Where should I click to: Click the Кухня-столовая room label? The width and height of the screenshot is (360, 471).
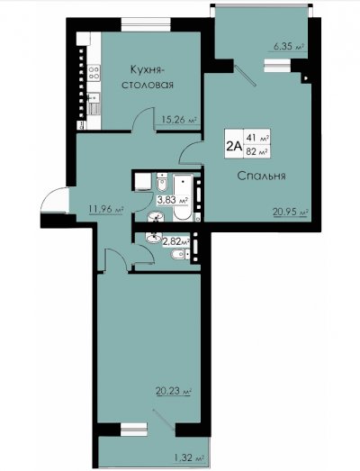148,77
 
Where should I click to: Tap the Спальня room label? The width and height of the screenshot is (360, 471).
261,176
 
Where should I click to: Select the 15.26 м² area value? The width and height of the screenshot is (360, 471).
179,120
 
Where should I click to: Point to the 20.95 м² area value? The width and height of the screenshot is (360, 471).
291,212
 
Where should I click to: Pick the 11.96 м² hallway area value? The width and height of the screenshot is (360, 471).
106,209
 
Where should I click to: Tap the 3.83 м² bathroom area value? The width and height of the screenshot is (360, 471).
173,200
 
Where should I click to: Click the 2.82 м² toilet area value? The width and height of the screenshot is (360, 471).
176,240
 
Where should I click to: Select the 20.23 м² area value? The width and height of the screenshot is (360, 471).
174,392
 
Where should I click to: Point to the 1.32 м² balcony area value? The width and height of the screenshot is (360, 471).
189,458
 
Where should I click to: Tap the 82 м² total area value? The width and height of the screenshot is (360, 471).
257,151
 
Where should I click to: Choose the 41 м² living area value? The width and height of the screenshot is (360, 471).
257,138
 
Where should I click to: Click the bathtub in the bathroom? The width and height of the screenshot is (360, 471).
183,197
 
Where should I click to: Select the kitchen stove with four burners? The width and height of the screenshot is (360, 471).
94,73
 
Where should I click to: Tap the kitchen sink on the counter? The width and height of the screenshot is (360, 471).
93,97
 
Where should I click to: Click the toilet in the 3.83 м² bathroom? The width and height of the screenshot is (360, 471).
162,182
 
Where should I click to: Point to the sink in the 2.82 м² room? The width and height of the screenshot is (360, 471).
154,238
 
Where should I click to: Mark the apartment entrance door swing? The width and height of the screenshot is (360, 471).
55,200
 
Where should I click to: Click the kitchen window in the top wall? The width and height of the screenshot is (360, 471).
146,24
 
